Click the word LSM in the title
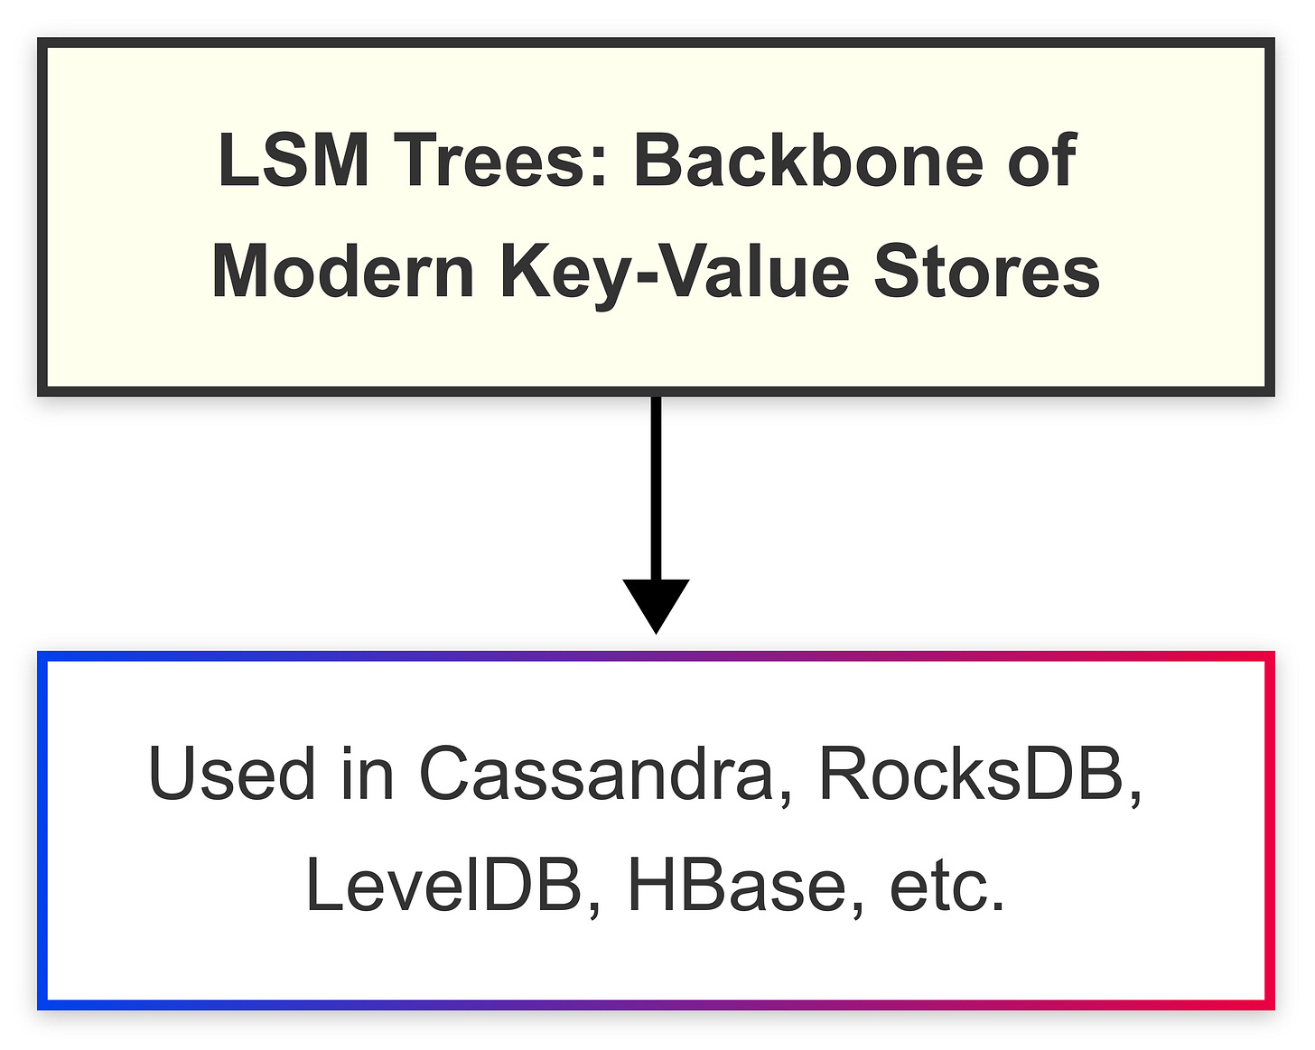click(294, 161)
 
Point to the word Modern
click(343, 272)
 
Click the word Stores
click(987, 272)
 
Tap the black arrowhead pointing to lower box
click(657, 604)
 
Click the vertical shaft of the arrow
click(657, 488)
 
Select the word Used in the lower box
click(232, 774)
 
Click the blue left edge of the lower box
click(42, 831)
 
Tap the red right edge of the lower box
click(1269, 831)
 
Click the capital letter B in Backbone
click(657, 161)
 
